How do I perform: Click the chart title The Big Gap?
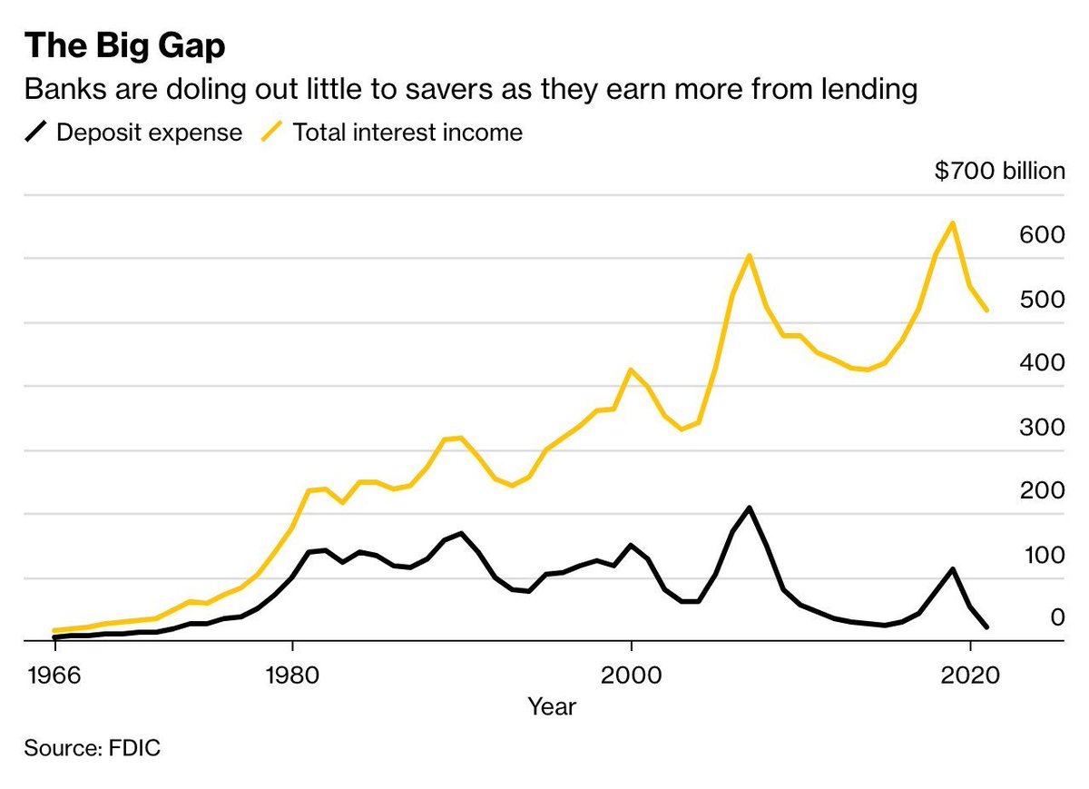click(123, 46)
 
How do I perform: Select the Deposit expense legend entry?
click(134, 133)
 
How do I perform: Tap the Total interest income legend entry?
click(392, 133)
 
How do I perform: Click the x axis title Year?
click(553, 705)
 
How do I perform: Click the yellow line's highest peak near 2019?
click(952, 222)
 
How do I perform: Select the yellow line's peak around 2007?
click(750, 255)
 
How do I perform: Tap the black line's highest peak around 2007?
click(750, 508)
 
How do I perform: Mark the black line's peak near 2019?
click(952, 569)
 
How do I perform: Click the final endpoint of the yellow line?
click(986, 311)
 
